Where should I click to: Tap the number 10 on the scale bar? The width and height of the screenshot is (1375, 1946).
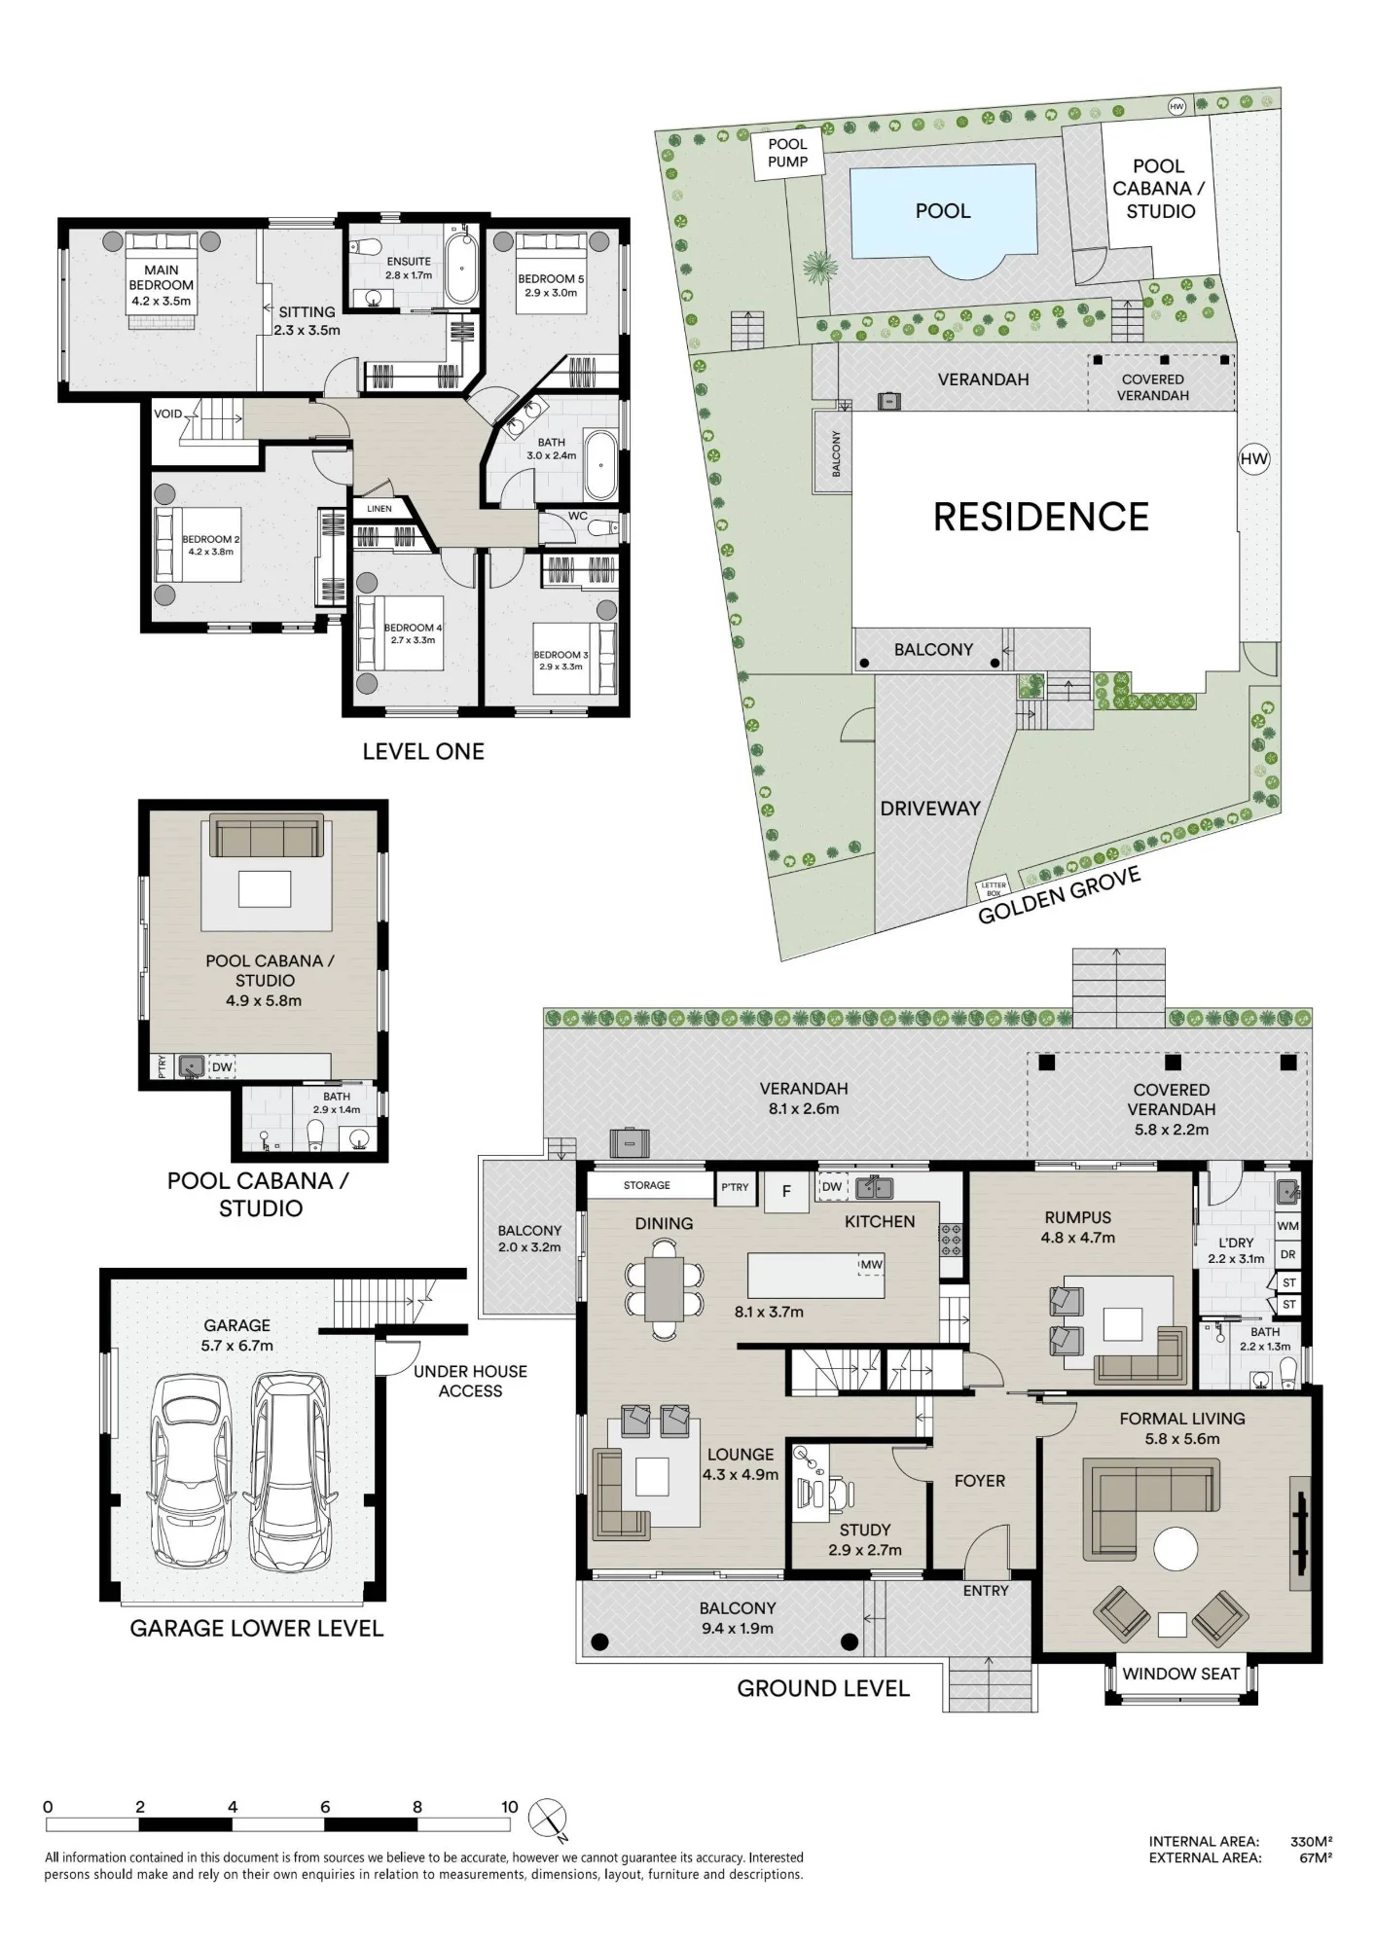coord(510,1807)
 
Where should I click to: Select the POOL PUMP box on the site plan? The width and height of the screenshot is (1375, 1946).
coord(788,154)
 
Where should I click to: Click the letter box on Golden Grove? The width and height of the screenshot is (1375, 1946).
coord(994,888)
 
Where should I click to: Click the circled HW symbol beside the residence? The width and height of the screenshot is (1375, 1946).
coord(1254,459)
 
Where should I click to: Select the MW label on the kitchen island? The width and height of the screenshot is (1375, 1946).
coord(871,1265)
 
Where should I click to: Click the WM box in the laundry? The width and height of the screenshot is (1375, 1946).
coord(1287,1227)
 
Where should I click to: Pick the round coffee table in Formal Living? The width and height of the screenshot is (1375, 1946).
coord(1176,1548)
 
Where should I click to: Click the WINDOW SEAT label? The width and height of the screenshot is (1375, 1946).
coord(1180,1674)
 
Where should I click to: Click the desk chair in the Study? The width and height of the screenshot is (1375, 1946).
coord(838,1492)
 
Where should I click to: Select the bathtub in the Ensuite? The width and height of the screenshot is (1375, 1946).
coord(461,267)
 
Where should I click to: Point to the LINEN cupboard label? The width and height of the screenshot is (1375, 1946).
coord(380,509)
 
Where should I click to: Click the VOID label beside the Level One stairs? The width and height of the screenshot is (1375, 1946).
coord(167,414)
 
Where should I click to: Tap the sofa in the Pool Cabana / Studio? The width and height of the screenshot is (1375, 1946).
coord(267,836)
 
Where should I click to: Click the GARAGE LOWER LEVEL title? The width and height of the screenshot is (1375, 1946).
coord(257,1629)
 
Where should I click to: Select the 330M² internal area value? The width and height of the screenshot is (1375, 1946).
coord(1311,1841)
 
